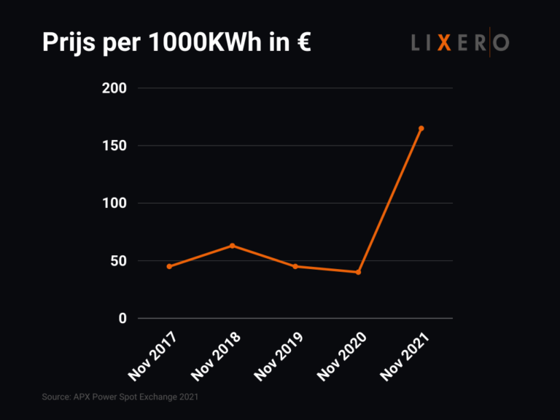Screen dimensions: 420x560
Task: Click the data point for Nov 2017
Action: [x=169, y=267]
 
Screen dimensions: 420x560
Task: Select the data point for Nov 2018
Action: [x=232, y=246]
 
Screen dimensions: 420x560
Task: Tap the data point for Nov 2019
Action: [x=295, y=267]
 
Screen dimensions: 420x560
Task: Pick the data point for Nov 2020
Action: [x=358, y=273]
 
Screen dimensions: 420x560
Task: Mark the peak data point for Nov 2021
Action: [x=421, y=128]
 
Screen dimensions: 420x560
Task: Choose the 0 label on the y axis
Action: [x=122, y=319]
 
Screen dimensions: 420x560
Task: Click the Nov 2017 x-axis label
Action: [x=152, y=358]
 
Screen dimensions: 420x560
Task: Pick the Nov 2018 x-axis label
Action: [x=216, y=358]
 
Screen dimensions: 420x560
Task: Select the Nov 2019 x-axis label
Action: [x=279, y=358]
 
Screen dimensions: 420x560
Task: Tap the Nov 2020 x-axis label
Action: [x=341, y=358]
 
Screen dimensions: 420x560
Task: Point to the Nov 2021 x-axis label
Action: [x=405, y=358]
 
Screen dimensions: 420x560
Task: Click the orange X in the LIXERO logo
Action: [x=444, y=43]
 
